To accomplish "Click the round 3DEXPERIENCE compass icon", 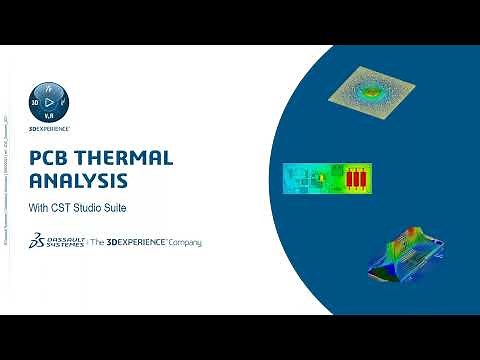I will (x=47, y=102).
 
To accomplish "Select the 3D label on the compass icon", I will (x=34, y=101).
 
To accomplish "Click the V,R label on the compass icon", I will (x=48, y=116).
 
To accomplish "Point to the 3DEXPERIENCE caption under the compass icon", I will (x=47, y=129).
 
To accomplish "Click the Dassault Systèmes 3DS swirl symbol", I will (x=37, y=243).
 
